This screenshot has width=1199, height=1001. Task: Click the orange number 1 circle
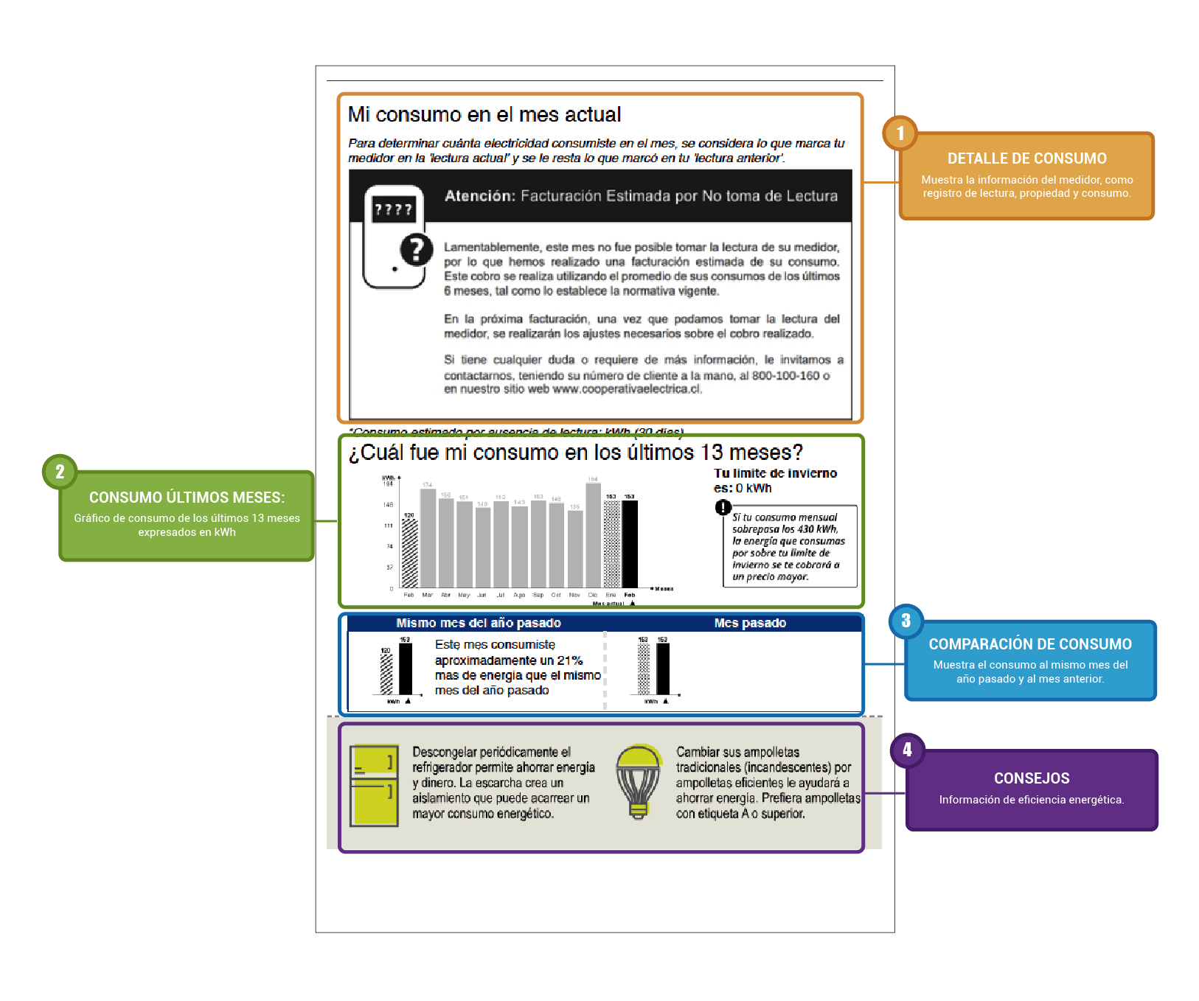(900, 133)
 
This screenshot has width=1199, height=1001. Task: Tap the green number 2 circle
(60, 472)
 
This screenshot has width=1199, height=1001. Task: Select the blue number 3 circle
(906, 621)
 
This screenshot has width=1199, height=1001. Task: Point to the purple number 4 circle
(907, 750)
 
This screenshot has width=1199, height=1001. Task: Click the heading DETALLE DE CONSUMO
(1026, 158)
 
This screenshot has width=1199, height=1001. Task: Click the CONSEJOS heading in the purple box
(1031, 778)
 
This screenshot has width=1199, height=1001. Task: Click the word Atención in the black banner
(479, 196)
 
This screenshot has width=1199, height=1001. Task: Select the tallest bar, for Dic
(593, 534)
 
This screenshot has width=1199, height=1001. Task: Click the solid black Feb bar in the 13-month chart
(630, 543)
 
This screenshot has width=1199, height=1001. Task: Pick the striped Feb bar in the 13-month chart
(409, 553)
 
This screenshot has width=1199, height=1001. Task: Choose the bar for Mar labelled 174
(428, 537)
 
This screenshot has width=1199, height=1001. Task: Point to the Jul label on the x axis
(501, 595)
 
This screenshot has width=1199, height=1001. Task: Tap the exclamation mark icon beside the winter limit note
(723, 507)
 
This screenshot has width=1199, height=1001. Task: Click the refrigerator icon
(374, 785)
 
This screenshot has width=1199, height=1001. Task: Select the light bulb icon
(639, 781)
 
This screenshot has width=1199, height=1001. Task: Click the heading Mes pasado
(750, 624)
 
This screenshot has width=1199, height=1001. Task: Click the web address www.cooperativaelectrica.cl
(626, 389)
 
